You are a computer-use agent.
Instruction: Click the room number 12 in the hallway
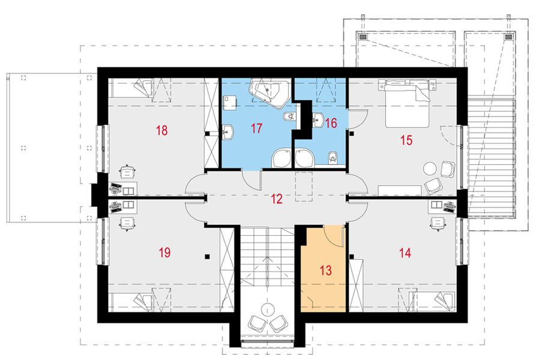tap(276, 199)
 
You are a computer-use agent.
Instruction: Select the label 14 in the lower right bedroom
tap(405, 253)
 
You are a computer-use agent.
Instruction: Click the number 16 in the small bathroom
tap(331, 122)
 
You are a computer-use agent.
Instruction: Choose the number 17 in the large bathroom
tap(257, 128)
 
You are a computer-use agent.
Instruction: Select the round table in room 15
tap(430, 167)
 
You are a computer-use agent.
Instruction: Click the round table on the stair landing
tap(266, 310)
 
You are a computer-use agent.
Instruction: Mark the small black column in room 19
tap(207, 257)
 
